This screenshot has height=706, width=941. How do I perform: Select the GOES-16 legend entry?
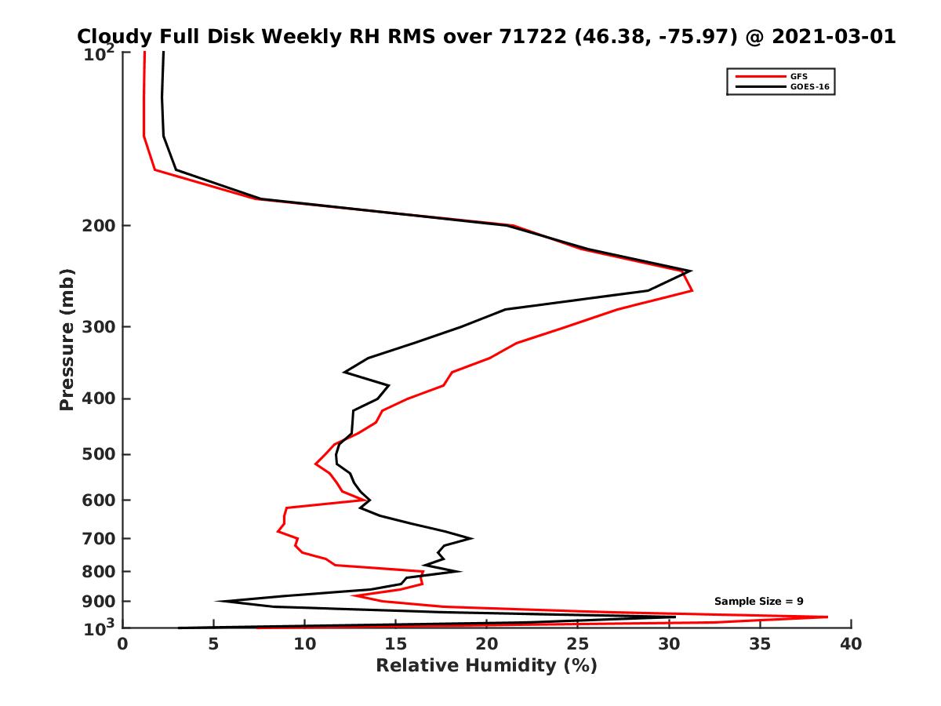pyautogui.click(x=808, y=86)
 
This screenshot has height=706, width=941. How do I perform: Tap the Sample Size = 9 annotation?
pyautogui.click(x=758, y=601)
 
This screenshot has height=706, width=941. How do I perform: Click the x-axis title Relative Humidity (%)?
pyautogui.click(x=486, y=666)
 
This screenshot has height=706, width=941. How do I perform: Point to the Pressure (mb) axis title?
pyautogui.click(x=67, y=339)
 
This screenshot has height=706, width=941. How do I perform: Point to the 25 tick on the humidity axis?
pyautogui.click(x=578, y=645)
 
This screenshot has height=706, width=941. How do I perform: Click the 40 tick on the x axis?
pyautogui.click(x=851, y=645)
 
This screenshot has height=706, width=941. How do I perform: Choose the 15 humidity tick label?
pyautogui.click(x=395, y=645)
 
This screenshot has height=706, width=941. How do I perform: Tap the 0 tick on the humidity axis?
pyautogui.click(x=122, y=645)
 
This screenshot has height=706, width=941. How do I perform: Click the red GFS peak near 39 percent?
pyautogui.click(x=827, y=617)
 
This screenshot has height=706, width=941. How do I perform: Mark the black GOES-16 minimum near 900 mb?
pyautogui.click(x=216, y=602)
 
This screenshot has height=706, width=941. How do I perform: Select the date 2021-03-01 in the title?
pyautogui.click(x=833, y=36)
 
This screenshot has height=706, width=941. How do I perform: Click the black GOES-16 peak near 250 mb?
pyautogui.click(x=691, y=271)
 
